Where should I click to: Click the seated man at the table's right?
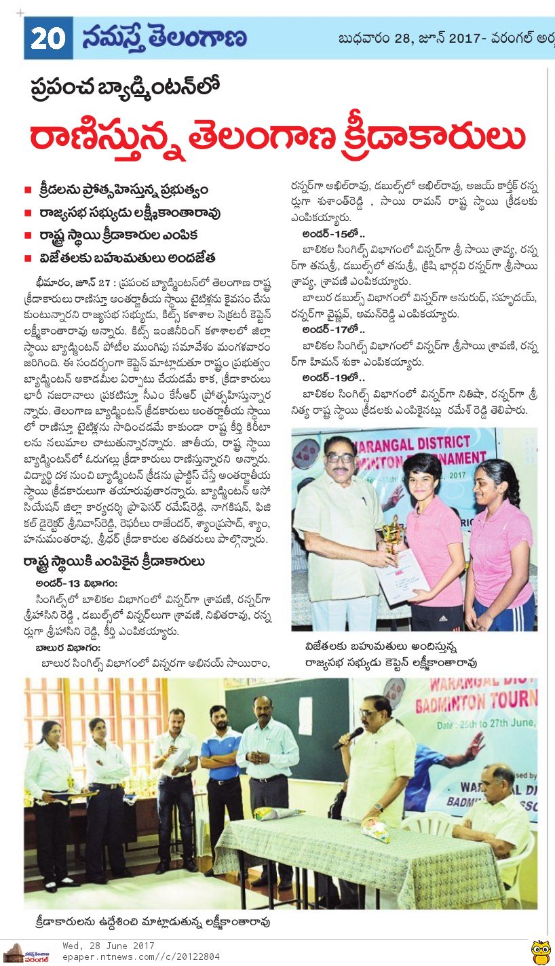pyautogui.click(x=495, y=807)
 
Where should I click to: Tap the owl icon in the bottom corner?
pyautogui.click(x=540, y=951)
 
